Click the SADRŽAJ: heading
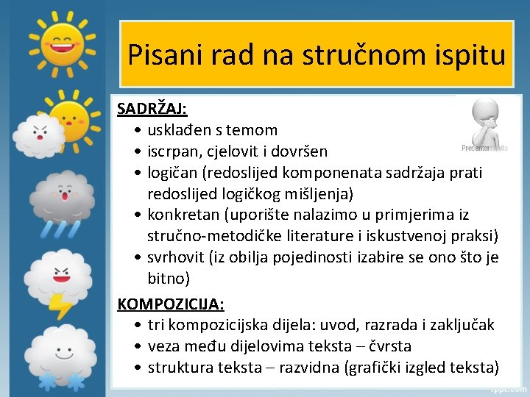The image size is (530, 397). [x=152, y=110]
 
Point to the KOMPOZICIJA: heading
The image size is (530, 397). [x=171, y=304]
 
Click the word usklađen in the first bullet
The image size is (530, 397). [x=179, y=130]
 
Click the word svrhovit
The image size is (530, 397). [x=177, y=258]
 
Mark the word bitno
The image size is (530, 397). [x=169, y=279]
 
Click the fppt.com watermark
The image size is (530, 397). [x=508, y=388]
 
